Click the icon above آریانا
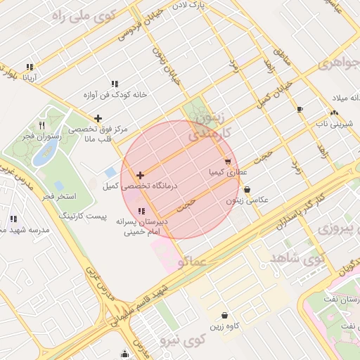pyautogui.click(x=30, y=67)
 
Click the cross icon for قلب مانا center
pyautogui.click(x=98, y=118)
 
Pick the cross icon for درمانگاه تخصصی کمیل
pyautogui.click(x=141, y=175)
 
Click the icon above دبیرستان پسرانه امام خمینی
pyautogui.click(x=141, y=211)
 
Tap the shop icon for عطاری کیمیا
pyautogui.click(x=228, y=162)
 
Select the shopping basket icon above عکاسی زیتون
pyautogui.click(x=247, y=189)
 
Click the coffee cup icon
pyautogui.click(x=300, y=109)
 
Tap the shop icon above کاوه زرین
pyautogui.click(x=224, y=316)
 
